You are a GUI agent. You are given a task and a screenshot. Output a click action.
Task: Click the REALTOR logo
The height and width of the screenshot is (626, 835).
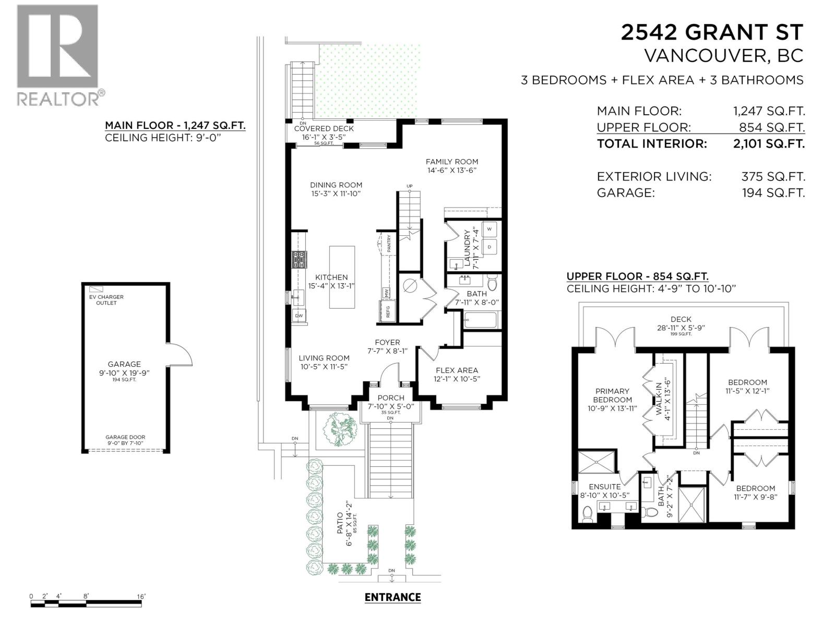coord(57,55)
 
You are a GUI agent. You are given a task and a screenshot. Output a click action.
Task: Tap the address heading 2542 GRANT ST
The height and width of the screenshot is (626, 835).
coord(712,32)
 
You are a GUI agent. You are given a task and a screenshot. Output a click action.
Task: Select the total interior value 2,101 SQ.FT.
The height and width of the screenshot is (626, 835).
coord(769,143)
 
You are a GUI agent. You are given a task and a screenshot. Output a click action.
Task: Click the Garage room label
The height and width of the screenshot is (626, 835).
coord(124,364)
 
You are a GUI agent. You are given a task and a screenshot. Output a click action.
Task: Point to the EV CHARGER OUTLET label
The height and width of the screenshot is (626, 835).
coord(106,300)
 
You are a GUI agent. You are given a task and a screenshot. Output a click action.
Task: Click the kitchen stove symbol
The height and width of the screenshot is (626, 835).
coord(299,259)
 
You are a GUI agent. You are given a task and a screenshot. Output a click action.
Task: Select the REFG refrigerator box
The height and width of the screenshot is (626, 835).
coord(387,311)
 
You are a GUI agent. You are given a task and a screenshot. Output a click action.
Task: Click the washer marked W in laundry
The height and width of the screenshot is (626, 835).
coord(490,229)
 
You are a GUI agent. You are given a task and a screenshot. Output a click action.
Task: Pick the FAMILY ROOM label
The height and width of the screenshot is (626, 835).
coord(451,162)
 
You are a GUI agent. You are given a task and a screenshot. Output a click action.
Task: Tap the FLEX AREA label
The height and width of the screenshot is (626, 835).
coord(457,370)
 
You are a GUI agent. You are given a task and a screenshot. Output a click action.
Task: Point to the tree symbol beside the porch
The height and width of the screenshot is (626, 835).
coord(339,429)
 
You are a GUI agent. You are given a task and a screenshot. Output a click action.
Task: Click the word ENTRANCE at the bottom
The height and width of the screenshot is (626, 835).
coord(392,597)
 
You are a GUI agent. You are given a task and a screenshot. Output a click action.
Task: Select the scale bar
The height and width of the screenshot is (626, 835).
coord(86,604)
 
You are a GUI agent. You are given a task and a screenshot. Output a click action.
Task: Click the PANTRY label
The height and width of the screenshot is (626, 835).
coord(389,243)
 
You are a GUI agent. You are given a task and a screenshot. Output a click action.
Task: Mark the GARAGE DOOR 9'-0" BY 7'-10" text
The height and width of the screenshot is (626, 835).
coord(125,440)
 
